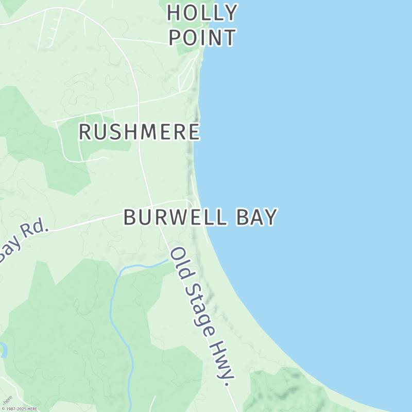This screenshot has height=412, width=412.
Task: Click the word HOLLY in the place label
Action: [x=202, y=12]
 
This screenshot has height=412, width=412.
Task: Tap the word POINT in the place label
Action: [x=202, y=38]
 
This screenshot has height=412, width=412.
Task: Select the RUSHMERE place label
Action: [x=139, y=132]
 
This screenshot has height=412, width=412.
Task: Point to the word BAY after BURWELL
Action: [x=256, y=217]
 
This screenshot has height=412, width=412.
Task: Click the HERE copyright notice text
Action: [x=20, y=409]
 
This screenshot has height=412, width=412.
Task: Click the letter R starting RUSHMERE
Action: [x=85, y=132]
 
